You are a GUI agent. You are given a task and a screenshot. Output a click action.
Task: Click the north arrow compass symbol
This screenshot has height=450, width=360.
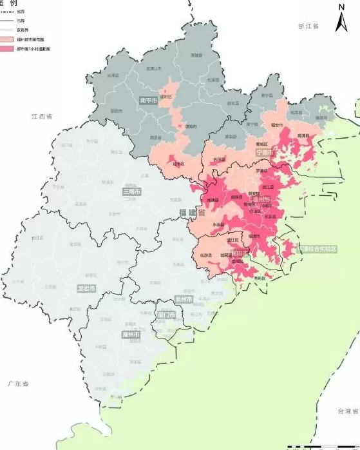[341, 18]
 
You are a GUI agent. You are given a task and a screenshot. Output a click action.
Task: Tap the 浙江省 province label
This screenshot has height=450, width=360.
[309, 26]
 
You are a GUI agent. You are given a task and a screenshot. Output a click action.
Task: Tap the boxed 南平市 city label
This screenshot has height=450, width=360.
[149, 101]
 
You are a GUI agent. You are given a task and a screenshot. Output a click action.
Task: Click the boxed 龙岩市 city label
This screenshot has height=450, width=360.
[86, 288]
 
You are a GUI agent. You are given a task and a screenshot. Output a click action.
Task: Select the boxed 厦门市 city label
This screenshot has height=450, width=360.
[166, 315]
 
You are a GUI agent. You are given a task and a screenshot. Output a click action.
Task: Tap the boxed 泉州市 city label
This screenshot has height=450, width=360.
[184, 299]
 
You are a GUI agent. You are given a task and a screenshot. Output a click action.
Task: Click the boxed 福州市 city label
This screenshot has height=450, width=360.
[261, 201]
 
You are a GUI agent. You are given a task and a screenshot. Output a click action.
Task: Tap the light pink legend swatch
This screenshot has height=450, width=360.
[9, 39]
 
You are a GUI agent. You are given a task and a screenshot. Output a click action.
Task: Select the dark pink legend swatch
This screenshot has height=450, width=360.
[9, 48]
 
